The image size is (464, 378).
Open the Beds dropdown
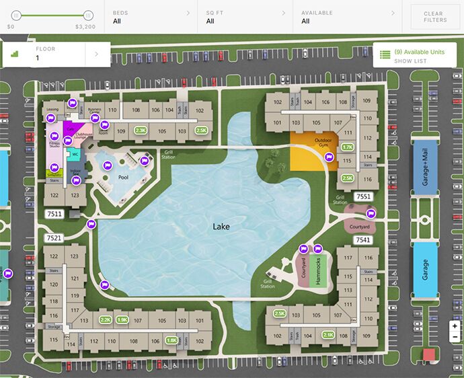(x=151, y=16)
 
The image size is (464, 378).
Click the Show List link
(x=410, y=61)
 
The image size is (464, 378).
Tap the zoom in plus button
(x=455, y=326)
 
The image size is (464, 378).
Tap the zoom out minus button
(x=455, y=336)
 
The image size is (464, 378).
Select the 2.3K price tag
(x=141, y=130)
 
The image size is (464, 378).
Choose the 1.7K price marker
(x=348, y=147)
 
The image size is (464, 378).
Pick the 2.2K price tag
(x=106, y=320)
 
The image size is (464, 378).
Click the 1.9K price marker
(x=122, y=320)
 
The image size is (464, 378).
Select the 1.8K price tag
(x=171, y=340)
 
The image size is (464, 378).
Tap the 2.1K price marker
(x=328, y=335)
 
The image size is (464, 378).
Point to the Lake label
(x=221, y=227)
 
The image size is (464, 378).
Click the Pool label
(x=123, y=178)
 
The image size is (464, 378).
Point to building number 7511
(x=54, y=214)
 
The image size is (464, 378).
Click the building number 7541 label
(x=363, y=239)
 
